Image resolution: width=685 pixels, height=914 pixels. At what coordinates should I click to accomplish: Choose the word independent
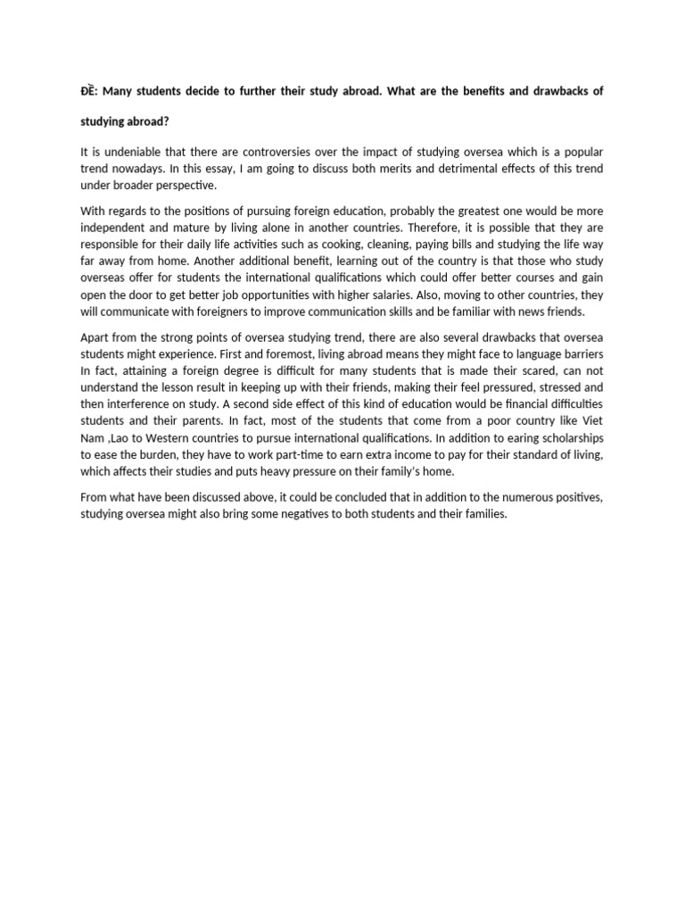(x=116, y=228)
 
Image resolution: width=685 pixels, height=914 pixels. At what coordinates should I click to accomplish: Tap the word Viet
(x=591, y=422)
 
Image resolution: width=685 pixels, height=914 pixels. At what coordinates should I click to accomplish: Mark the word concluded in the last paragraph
(x=336, y=498)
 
